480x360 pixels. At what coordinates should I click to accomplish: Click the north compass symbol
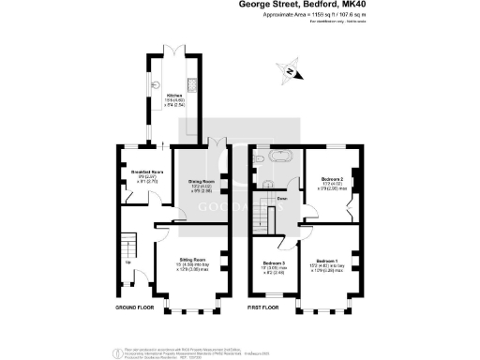292,71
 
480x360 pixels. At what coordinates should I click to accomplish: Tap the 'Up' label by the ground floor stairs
128,262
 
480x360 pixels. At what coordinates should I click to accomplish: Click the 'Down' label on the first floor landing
281,199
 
